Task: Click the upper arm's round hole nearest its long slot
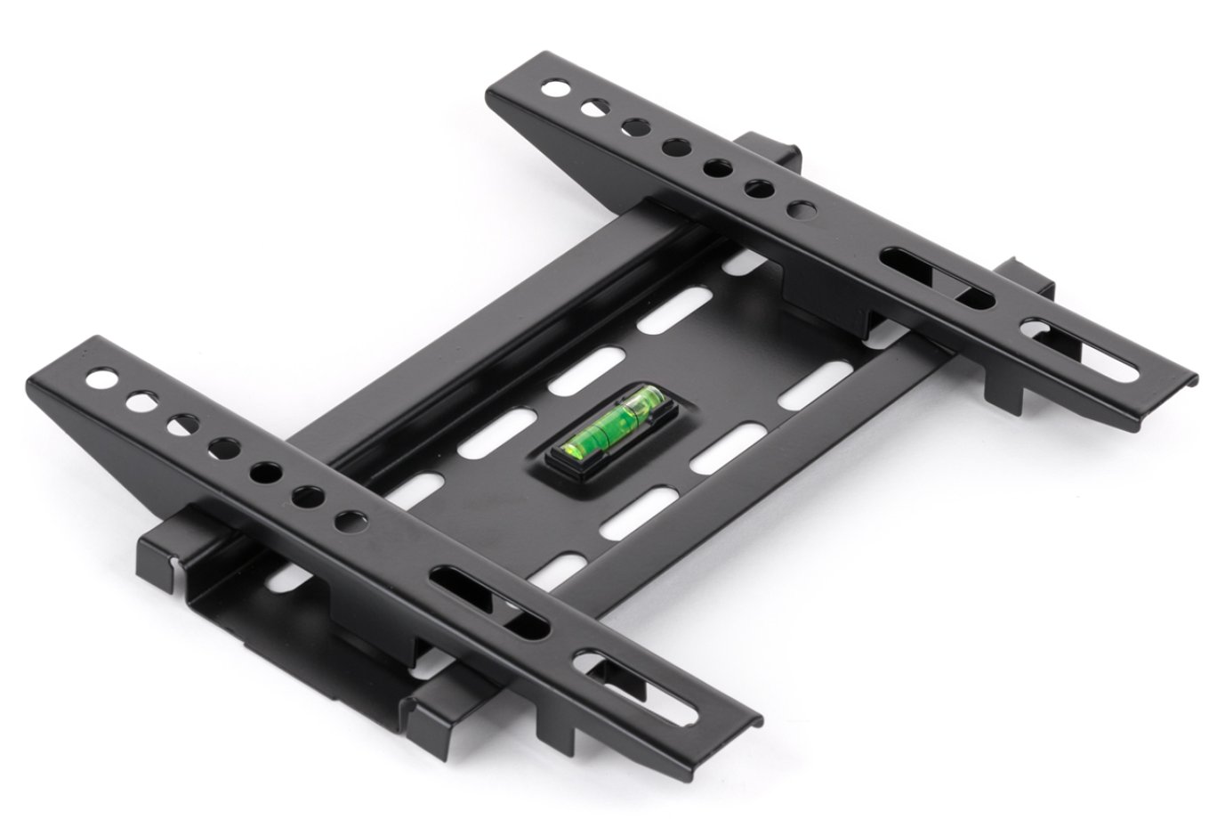(802, 209)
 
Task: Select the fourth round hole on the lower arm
(221, 444)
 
